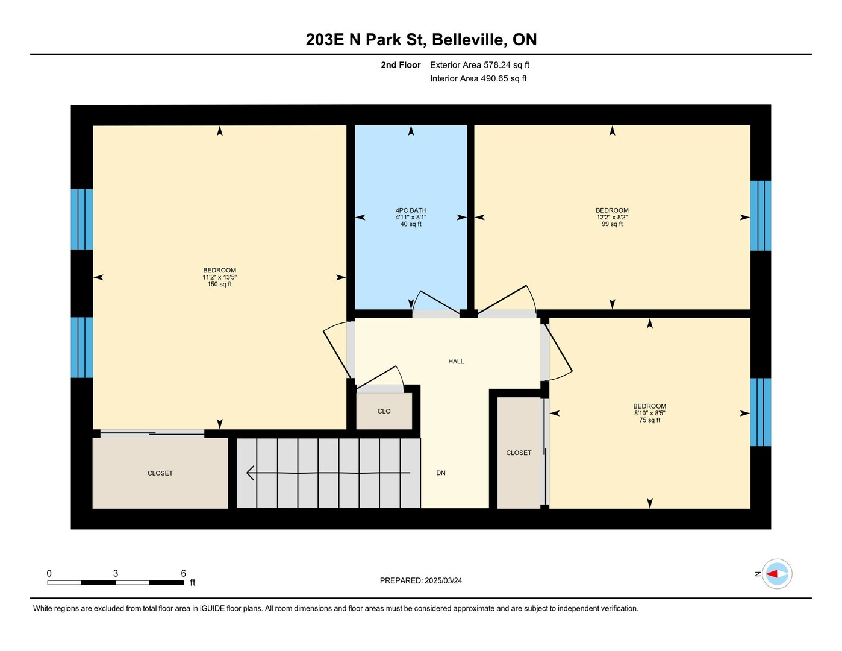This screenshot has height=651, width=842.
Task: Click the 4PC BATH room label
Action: (x=411, y=210)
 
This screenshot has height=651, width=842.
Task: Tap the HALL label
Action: (x=456, y=361)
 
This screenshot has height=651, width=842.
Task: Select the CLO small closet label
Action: (x=384, y=411)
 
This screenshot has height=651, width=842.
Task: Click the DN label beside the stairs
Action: (x=441, y=473)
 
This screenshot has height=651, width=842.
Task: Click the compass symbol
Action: (x=777, y=574)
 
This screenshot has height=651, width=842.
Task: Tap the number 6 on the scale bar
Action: (x=183, y=573)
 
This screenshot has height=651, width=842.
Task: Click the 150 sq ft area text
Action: (x=220, y=284)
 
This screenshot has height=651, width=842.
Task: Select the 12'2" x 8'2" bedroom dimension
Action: (x=612, y=218)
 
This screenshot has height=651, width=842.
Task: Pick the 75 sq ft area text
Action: (x=650, y=420)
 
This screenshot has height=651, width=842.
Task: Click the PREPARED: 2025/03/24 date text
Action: (x=421, y=581)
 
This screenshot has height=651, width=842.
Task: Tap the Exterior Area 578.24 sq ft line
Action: (x=479, y=65)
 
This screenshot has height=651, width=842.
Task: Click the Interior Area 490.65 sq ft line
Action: (x=479, y=79)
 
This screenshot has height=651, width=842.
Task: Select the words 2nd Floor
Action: (x=401, y=65)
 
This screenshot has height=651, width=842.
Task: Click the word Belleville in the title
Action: (x=469, y=40)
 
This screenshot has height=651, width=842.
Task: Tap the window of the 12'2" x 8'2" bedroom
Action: (x=761, y=216)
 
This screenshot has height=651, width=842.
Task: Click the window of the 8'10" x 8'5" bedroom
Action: (x=761, y=412)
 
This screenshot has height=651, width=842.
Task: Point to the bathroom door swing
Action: (x=435, y=302)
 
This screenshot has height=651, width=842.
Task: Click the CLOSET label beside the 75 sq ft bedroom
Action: (x=519, y=453)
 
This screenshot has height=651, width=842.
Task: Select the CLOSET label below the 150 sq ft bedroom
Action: (x=160, y=473)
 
